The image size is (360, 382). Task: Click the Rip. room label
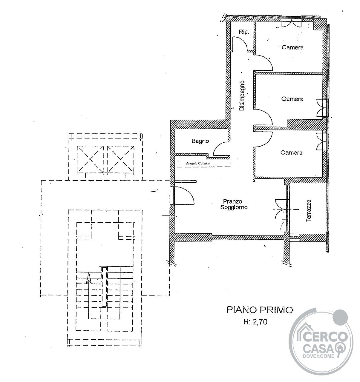[x=244, y=32]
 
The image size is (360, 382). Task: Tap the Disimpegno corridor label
[x=242, y=95]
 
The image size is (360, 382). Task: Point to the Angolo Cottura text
[x=198, y=164]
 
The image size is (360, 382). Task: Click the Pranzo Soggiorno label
[x=234, y=204]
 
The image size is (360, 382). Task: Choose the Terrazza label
[x=309, y=211]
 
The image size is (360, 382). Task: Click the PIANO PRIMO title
[x=260, y=310]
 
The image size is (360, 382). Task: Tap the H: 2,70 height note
[x=255, y=322]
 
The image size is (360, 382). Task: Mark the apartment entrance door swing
[x=184, y=195]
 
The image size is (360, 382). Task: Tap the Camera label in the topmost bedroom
[x=292, y=47]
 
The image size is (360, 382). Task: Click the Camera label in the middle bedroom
[x=292, y=99]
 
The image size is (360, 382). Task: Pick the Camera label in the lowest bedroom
[x=291, y=153]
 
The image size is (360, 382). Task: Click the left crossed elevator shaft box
[x=90, y=159]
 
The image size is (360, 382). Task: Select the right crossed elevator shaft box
[x=121, y=159]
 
